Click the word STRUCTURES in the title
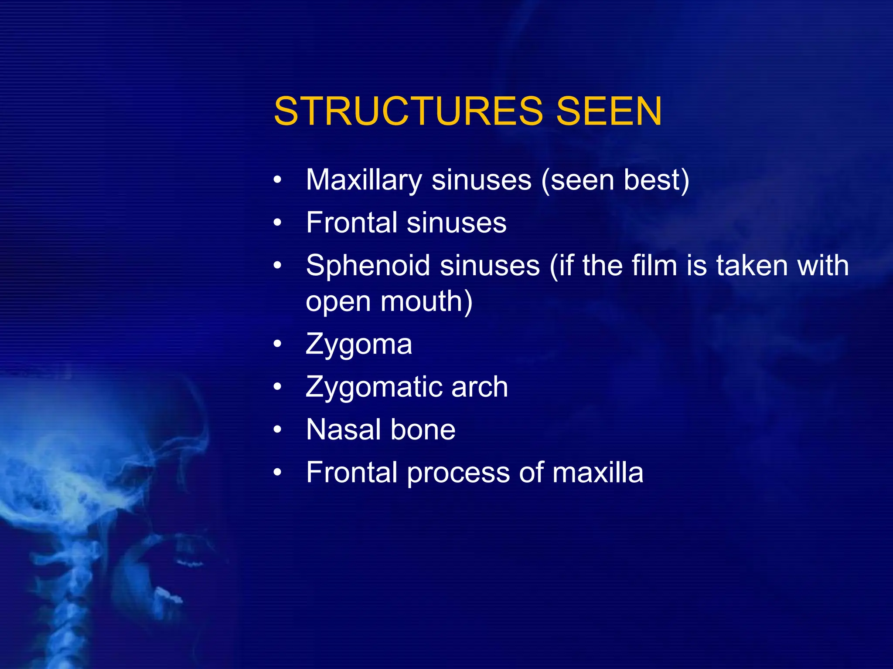tap(408, 111)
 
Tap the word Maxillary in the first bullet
tap(364, 180)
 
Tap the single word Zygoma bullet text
tap(358, 345)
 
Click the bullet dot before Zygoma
tap(278, 345)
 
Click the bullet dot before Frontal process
tap(278, 473)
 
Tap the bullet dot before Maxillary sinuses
tap(278, 180)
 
